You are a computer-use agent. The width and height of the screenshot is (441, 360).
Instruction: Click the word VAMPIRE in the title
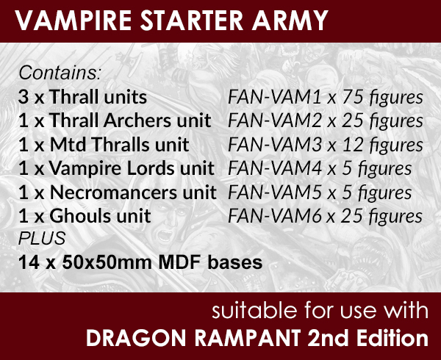coord(73,21)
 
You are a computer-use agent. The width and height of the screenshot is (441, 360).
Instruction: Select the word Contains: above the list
coord(60,73)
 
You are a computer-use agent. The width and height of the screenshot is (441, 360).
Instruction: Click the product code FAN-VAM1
coord(274,97)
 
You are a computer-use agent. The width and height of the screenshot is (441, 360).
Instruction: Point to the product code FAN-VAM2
coord(274,120)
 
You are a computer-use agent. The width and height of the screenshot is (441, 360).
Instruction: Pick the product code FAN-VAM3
coord(274,145)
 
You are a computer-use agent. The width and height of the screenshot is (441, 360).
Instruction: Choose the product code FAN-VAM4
coord(274,168)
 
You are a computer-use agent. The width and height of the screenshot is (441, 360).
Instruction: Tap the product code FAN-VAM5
coord(274,192)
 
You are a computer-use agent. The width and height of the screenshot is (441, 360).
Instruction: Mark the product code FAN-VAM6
coord(274,216)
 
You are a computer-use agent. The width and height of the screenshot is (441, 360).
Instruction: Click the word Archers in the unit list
coord(138,120)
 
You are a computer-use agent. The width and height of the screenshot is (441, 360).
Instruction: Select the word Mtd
coord(68,145)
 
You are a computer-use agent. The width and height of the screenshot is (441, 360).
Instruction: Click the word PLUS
coord(42,238)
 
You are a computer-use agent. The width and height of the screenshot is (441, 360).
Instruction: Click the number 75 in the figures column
coord(351,97)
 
